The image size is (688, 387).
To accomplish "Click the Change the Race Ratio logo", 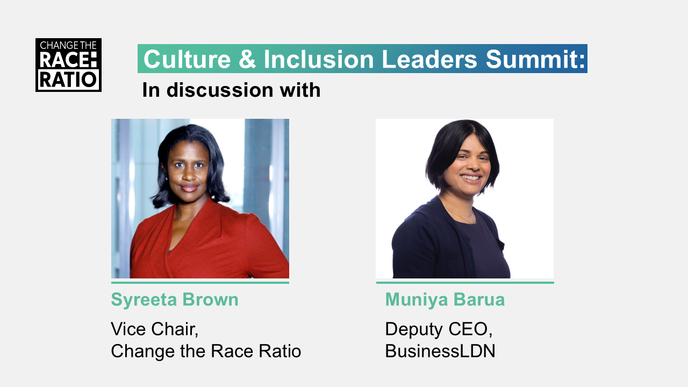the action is [x=68, y=65].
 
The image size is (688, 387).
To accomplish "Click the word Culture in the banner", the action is [x=187, y=59].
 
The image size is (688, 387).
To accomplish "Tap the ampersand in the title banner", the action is [x=247, y=59].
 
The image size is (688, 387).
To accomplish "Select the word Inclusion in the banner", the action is [x=319, y=59].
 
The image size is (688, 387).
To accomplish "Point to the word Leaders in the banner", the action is [x=429, y=59].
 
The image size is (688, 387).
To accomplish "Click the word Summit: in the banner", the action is [x=535, y=59].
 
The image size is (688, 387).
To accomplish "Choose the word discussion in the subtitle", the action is [x=220, y=90].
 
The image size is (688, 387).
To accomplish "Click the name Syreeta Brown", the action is [x=175, y=299].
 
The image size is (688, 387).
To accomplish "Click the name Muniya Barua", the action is [x=445, y=299].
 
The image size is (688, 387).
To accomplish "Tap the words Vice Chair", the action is [x=154, y=329].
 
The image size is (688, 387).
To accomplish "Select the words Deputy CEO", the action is [x=439, y=329].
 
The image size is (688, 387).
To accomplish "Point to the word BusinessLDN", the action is [x=440, y=351].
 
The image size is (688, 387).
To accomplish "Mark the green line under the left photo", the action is [x=200, y=283].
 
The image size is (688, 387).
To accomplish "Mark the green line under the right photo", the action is [x=465, y=283].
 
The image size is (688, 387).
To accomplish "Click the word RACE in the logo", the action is [x=68, y=60].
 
